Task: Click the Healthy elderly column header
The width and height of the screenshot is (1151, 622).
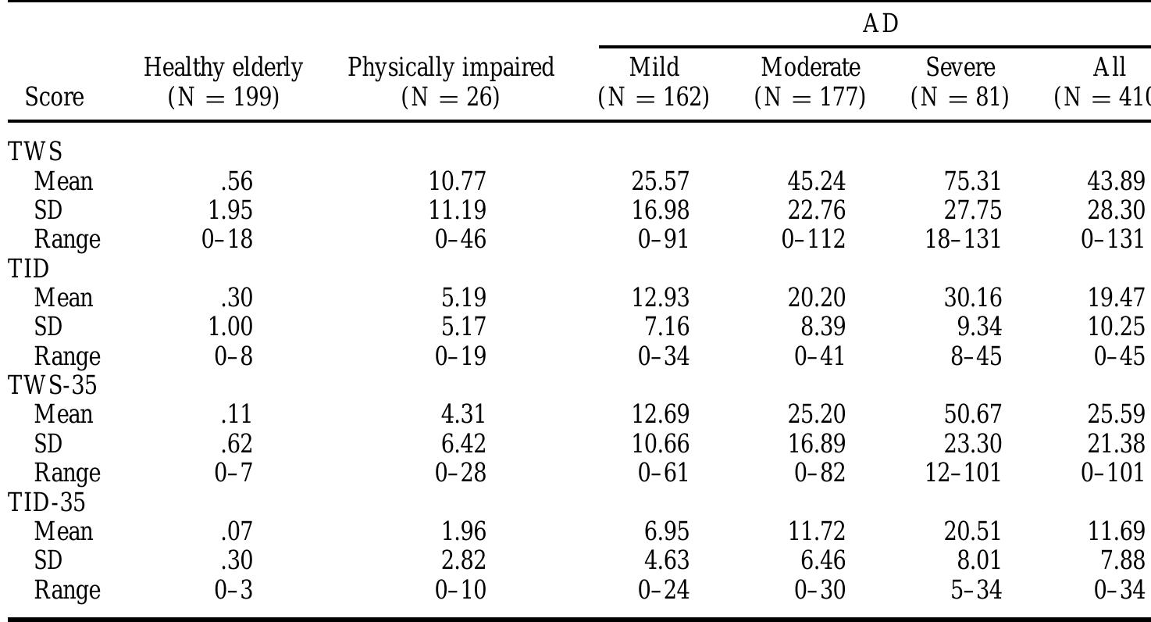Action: click(x=223, y=82)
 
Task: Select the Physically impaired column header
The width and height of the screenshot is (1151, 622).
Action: click(x=451, y=82)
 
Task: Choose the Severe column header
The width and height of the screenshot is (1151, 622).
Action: click(x=960, y=82)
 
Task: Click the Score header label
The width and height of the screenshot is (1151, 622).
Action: click(x=54, y=98)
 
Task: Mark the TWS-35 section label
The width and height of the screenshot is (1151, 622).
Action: click(x=46, y=385)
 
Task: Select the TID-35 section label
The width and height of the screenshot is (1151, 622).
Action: click(x=46, y=502)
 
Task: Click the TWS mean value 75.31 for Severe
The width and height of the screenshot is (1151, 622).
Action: click(x=972, y=181)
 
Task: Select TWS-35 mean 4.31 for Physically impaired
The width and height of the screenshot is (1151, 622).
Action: click(x=460, y=414)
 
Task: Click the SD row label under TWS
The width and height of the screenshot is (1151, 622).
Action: click(x=48, y=210)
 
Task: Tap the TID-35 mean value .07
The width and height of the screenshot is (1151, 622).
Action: click(x=237, y=531)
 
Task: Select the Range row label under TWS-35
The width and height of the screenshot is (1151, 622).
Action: click(x=67, y=473)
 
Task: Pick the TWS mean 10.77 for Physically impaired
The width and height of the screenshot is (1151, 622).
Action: click(x=457, y=181)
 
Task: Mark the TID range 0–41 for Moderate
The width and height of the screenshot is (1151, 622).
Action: click(x=819, y=356)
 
